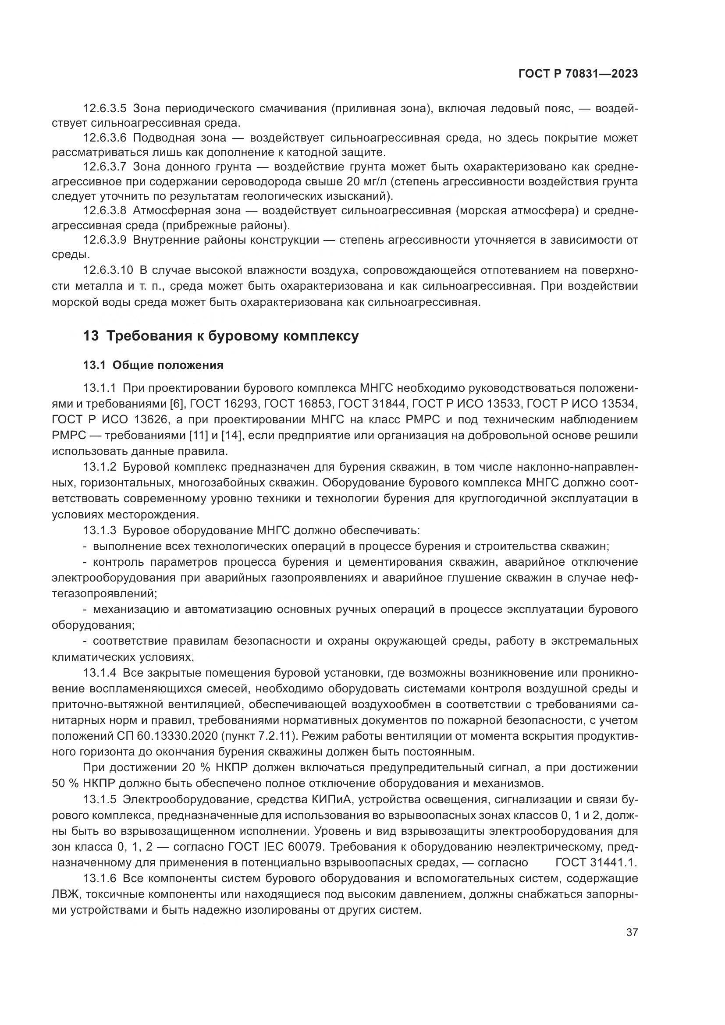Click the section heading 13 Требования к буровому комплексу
[220, 336]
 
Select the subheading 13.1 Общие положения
[153, 365]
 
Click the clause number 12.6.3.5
[105, 109]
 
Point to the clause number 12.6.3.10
[108, 270]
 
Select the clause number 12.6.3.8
[105, 211]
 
